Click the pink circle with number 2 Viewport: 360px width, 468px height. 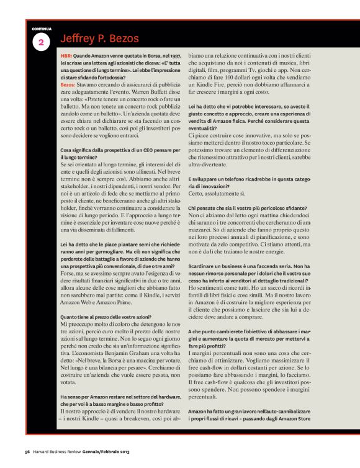coord(41,42)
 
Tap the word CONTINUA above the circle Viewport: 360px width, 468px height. coord(42,29)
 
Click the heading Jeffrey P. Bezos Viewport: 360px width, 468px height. coord(100,39)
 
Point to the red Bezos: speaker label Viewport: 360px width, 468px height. coord(68,83)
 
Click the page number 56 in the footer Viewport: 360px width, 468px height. coord(27,451)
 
